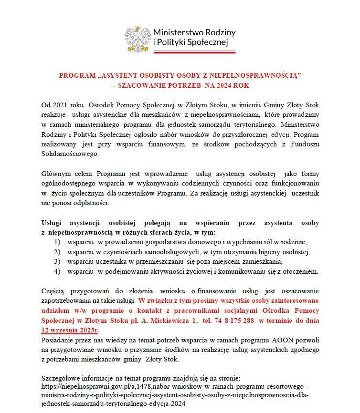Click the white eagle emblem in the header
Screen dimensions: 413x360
click(138, 39)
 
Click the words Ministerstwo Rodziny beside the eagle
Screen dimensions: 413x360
click(194, 32)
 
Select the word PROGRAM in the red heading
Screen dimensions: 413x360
click(76, 76)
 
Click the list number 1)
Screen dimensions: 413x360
click(58, 242)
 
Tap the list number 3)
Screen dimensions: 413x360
click(58, 261)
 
